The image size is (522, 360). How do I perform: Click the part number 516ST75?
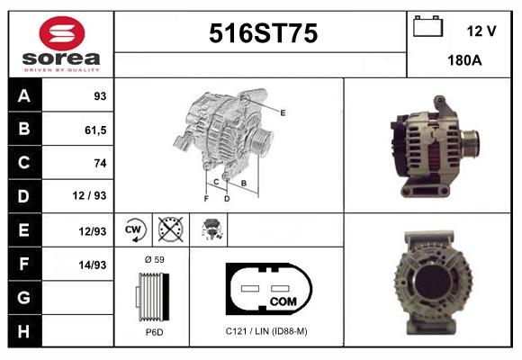pyautogui.click(x=263, y=33)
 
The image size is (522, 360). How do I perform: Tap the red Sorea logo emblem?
pyautogui.click(x=62, y=33)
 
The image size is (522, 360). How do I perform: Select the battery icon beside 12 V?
pyautogui.click(x=427, y=26)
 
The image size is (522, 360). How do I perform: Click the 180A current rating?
pyautogui.click(x=464, y=60)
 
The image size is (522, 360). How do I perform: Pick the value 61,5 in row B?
pyautogui.click(x=95, y=130)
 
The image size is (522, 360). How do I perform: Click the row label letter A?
pyautogui.click(x=24, y=96)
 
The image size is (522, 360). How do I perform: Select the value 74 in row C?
pyautogui.click(x=100, y=163)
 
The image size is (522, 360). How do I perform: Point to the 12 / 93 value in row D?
pyautogui.click(x=89, y=195)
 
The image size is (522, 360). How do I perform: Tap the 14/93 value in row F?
pyautogui.click(x=92, y=265)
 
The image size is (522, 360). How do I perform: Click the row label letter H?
pyautogui.click(x=24, y=331)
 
